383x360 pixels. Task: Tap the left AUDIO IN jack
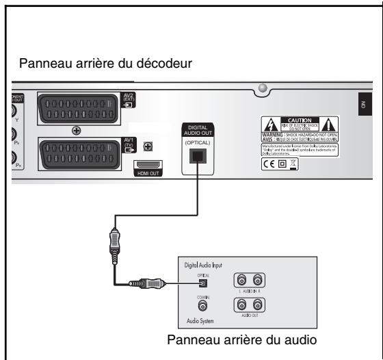coord(240,279)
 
